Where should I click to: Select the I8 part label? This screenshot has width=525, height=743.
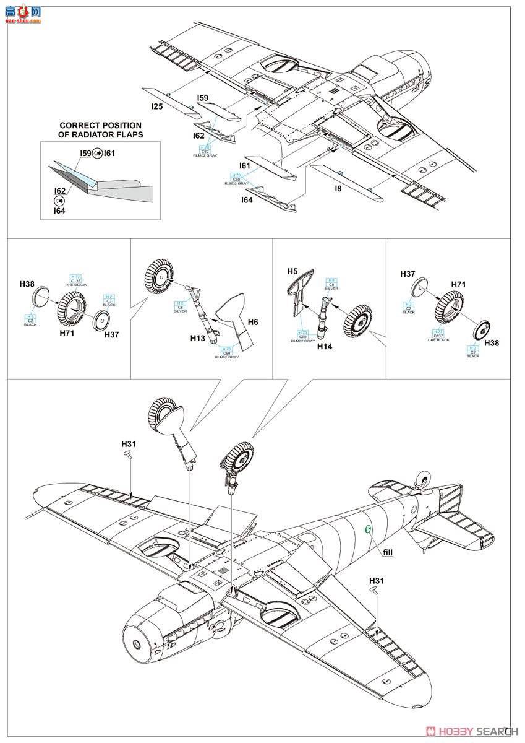tap(338, 189)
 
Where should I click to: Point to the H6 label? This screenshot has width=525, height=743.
tap(253, 322)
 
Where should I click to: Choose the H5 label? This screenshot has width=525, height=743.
tap(292, 271)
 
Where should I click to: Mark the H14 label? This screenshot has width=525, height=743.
tap(325, 347)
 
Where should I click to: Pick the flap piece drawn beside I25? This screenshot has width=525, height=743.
tap(167, 99)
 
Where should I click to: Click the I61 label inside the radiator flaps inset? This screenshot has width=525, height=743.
tap(109, 153)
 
